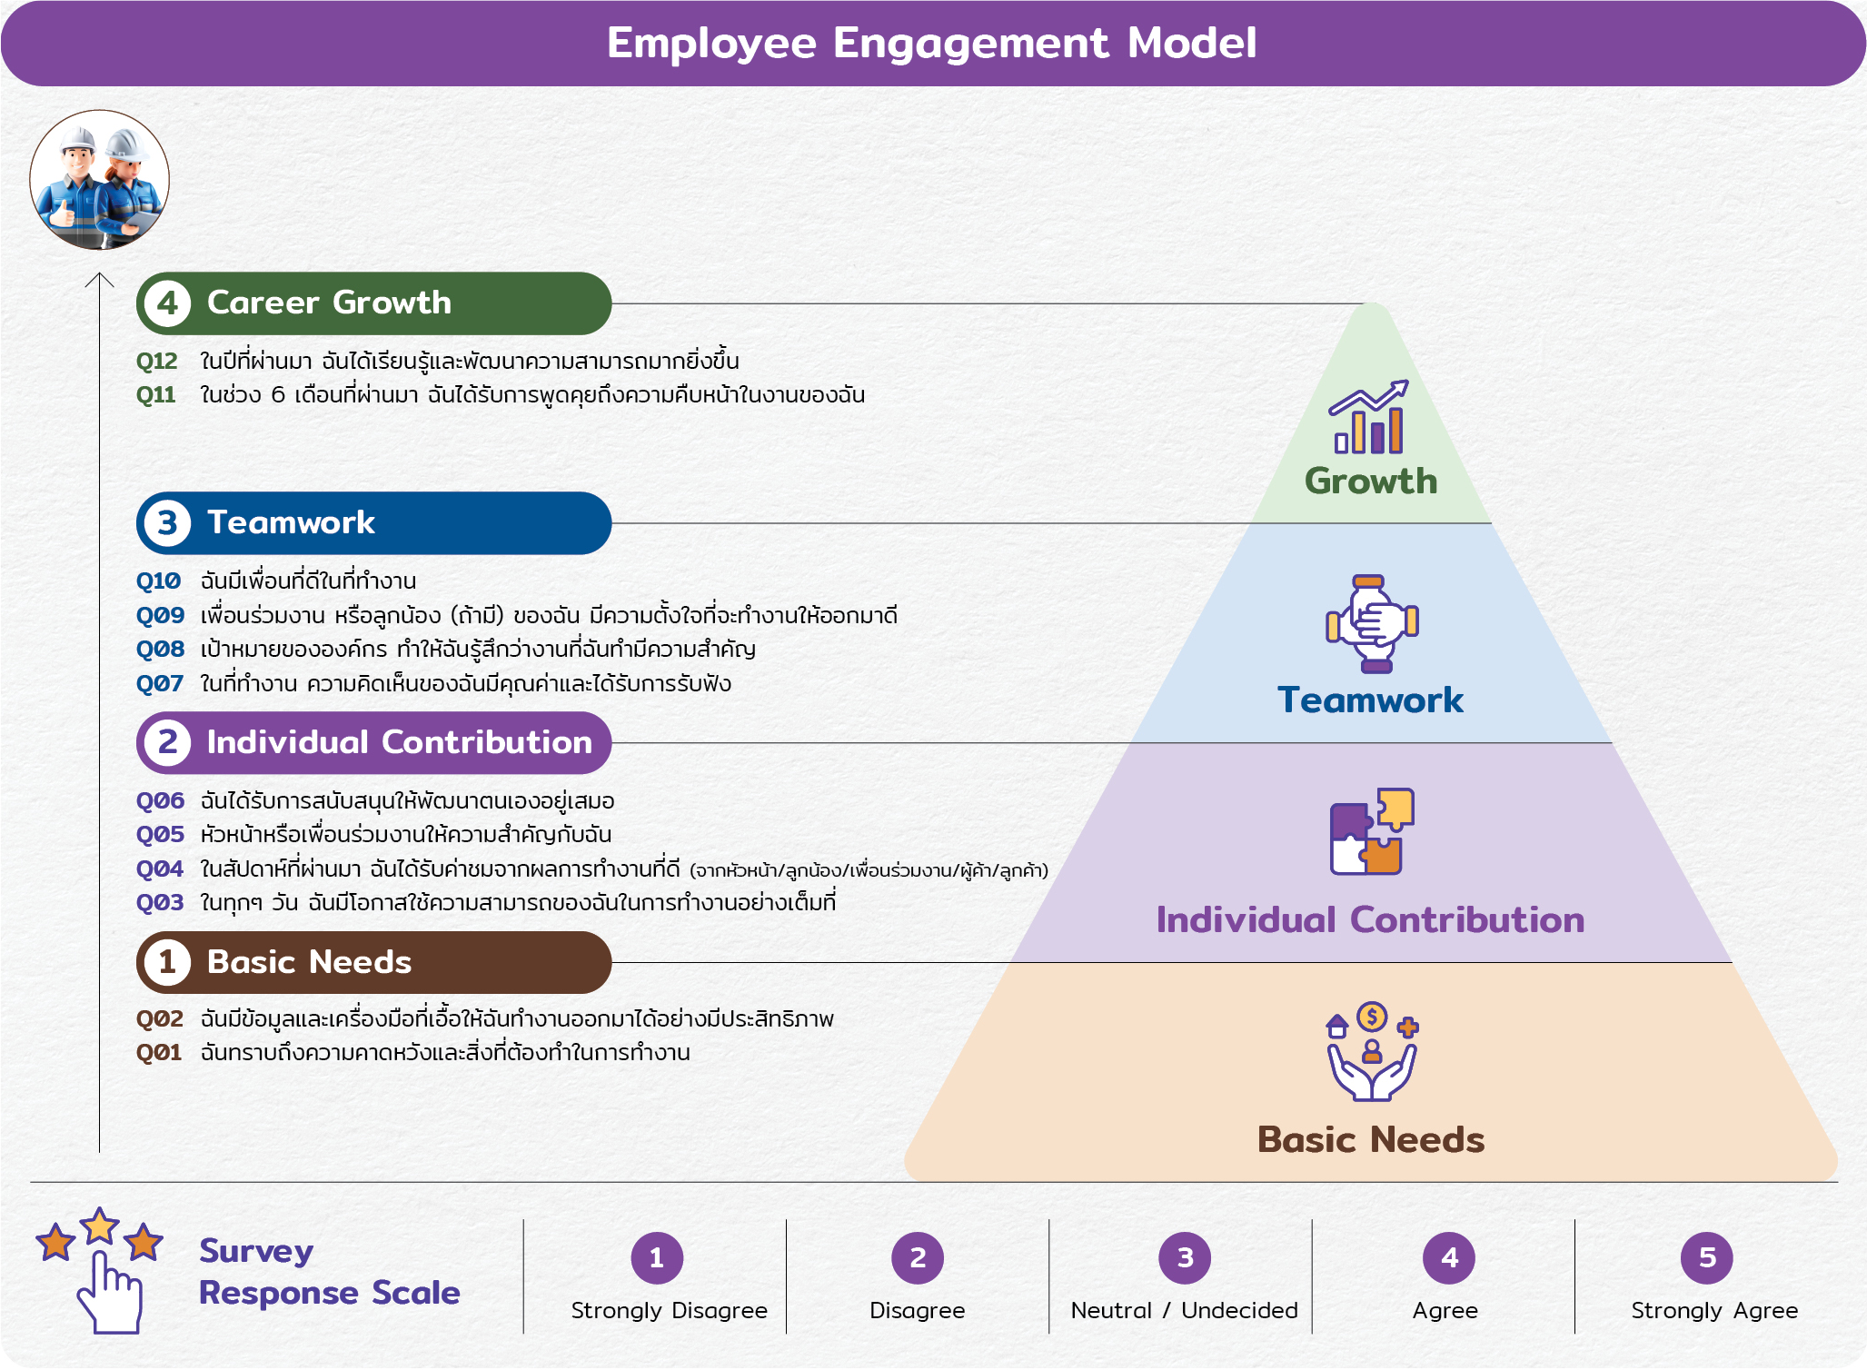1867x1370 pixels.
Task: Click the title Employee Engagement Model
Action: coord(931,44)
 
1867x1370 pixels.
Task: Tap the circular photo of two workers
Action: coord(99,180)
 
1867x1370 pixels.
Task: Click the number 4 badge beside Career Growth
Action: coord(167,303)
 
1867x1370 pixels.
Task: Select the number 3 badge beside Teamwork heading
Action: coord(167,523)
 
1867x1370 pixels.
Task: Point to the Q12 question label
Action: coord(156,362)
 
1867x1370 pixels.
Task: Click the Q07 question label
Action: coord(159,684)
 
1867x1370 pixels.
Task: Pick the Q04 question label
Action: coord(159,869)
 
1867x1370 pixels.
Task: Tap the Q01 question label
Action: coord(159,1053)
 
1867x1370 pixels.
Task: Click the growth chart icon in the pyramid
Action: coord(1369,417)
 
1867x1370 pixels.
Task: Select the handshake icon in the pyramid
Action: coord(1372,623)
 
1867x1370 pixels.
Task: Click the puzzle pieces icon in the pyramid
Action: coord(1372,831)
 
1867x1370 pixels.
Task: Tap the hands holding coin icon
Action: coord(1372,1052)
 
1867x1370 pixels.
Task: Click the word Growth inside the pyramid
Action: coord(1371,481)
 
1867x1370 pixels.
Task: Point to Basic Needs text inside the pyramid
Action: coord(1371,1140)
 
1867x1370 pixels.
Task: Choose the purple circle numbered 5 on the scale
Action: coord(1707,1257)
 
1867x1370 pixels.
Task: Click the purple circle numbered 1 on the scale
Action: coord(657,1257)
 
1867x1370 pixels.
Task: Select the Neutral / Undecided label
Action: coord(1184,1310)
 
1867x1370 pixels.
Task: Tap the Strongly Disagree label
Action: coord(669,1310)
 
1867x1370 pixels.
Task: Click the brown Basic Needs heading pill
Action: coord(373,962)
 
